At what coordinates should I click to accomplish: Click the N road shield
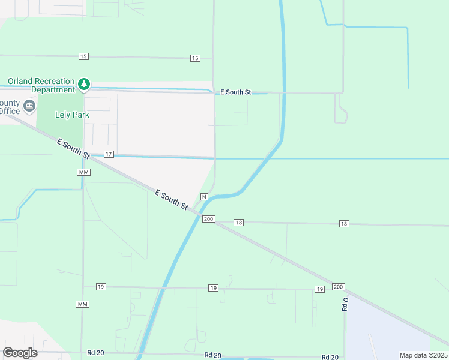(204, 197)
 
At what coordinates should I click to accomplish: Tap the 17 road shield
(109, 154)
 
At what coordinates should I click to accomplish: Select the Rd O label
(345, 304)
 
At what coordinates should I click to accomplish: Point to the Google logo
(20, 352)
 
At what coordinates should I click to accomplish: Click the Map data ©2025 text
(423, 355)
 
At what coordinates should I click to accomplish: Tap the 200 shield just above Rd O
(338, 287)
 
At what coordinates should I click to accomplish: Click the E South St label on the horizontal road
(235, 92)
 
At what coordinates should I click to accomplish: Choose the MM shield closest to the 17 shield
(83, 172)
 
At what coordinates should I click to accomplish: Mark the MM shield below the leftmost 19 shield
(83, 304)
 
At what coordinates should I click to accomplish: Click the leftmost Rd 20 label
(95, 352)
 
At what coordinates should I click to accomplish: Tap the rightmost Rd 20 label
(330, 356)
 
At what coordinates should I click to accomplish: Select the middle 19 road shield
(213, 289)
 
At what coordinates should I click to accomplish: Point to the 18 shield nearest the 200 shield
(239, 223)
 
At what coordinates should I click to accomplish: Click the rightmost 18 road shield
(343, 224)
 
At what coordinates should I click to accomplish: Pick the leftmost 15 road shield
(83, 56)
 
